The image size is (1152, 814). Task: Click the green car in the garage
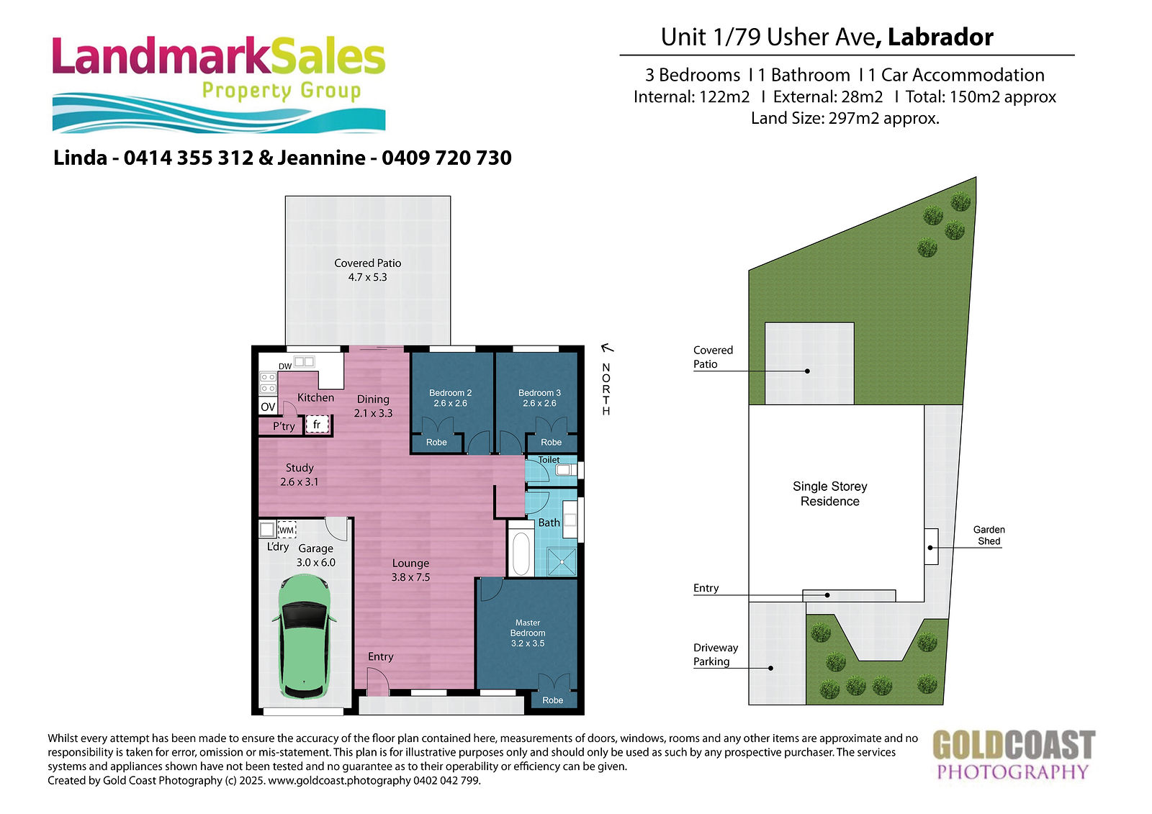point(305,638)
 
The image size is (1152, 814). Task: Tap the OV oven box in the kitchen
point(268,407)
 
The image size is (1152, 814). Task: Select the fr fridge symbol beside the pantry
point(317,425)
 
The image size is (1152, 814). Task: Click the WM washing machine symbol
point(287,530)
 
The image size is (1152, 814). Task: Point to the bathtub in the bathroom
point(521,553)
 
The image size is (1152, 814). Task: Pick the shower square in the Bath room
point(562,562)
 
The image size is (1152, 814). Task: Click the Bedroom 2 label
point(451,393)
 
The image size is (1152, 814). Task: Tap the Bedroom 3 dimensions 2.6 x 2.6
point(539,404)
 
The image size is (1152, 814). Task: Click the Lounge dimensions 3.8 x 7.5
point(410,577)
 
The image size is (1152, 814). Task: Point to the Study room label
point(300,468)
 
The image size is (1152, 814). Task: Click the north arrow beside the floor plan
point(608,348)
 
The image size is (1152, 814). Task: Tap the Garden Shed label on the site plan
point(989,535)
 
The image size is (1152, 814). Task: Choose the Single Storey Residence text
point(829,494)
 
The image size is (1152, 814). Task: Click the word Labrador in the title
point(940,37)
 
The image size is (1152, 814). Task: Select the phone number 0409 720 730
point(446,158)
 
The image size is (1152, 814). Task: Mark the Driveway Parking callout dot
point(770,669)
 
